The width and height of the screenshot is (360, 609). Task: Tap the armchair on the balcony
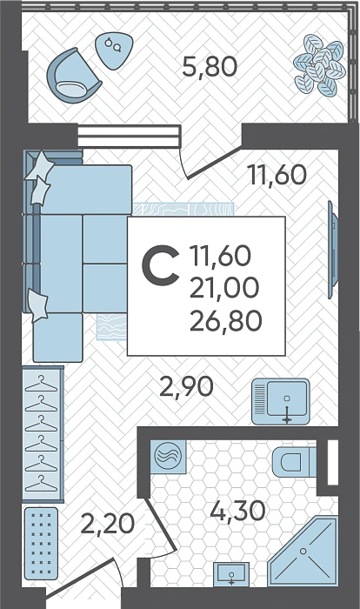tap(74, 75)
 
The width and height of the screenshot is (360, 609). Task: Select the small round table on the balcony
tap(113, 50)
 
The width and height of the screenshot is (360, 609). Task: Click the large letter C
tap(160, 265)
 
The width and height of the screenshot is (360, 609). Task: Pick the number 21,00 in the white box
tap(224, 288)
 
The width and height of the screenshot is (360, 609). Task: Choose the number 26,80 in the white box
tap(225, 321)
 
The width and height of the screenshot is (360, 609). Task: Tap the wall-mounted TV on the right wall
tap(332, 250)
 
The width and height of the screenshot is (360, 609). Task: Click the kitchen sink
tap(281, 402)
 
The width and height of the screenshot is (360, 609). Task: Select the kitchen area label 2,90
tap(187, 386)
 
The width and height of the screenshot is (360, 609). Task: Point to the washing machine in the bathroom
tap(168, 456)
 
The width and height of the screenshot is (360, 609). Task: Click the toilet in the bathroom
tap(294, 462)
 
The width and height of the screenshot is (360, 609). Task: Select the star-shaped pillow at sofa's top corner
tap(39, 166)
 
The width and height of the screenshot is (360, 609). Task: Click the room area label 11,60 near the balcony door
tap(277, 174)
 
